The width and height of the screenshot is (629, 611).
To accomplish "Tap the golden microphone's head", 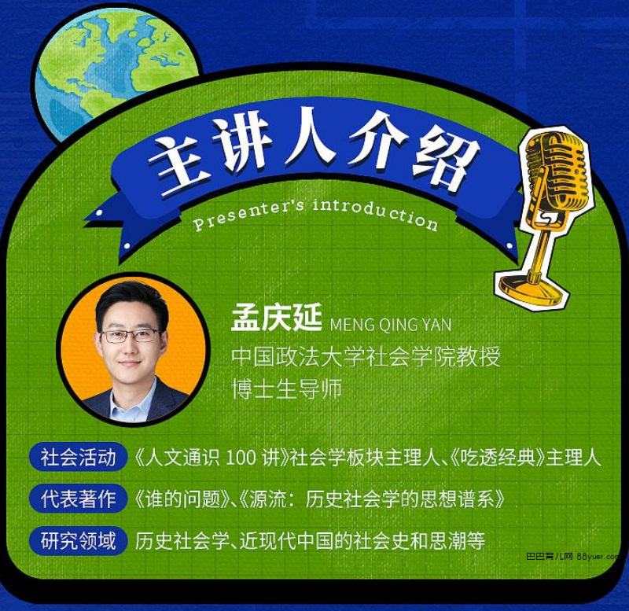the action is click(557, 171).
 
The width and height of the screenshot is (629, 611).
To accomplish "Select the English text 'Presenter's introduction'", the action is click(315, 214).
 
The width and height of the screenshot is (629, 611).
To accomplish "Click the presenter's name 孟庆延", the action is click(276, 318).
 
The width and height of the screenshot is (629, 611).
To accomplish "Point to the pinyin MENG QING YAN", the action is click(391, 325).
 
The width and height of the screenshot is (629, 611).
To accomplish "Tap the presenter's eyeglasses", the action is click(130, 336).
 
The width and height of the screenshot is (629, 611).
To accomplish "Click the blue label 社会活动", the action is click(78, 457).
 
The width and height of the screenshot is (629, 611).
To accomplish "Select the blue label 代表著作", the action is click(78, 499).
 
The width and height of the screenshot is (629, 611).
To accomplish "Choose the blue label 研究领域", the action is click(78, 540).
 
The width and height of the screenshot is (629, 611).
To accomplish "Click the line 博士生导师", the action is click(286, 388).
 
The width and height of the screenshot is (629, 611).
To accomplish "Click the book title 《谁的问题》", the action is click(184, 499).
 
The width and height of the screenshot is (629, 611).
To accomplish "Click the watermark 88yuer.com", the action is click(598, 557).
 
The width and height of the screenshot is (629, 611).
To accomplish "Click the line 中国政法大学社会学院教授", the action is click(366, 357).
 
